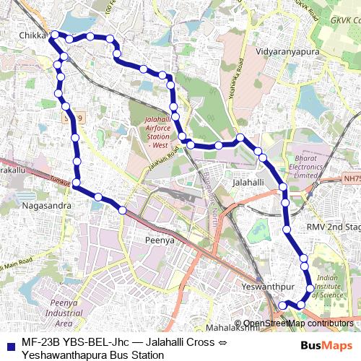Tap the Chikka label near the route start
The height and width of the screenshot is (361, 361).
pyautogui.click(x=32, y=35)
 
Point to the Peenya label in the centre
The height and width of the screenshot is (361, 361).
pyautogui.click(x=160, y=240)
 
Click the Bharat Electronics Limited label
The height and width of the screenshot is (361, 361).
pyautogui.click(x=306, y=166)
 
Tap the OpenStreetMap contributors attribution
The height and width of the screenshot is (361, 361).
pyautogui.click(x=297, y=323)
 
